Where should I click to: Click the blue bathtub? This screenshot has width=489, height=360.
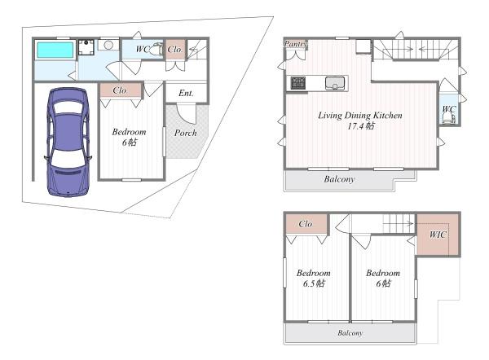(x=55, y=50)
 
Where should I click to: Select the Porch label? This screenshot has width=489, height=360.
(x=186, y=133)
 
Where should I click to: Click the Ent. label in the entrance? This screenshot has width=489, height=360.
(x=186, y=93)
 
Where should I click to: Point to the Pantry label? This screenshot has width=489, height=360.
(x=295, y=44)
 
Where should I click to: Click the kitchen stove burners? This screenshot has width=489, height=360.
(x=298, y=82)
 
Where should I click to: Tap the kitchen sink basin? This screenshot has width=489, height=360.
(x=335, y=83)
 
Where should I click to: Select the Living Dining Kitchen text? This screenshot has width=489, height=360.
(x=360, y=116)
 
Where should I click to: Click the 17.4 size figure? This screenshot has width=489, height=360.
(x=361, y=126)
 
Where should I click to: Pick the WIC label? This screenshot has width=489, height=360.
(x=438, y=235)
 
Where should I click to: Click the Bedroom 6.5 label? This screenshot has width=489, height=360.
(x=314, y=279)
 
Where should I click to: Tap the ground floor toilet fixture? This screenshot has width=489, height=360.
(x=156, y=49)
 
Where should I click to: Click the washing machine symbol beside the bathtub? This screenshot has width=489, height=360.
(x=86, y=47)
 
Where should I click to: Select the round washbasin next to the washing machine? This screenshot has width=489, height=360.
(x=108, y=45)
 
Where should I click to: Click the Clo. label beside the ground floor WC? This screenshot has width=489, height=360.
(x=175, y=50)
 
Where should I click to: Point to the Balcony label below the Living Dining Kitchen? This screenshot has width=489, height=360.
(x=339, y=179)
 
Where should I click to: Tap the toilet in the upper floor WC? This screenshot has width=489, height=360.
(x=448, y=118)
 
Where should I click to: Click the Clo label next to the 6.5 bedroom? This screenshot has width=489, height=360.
(x=306, y=224)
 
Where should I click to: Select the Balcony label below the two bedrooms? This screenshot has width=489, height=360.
(x=350, y=333)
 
